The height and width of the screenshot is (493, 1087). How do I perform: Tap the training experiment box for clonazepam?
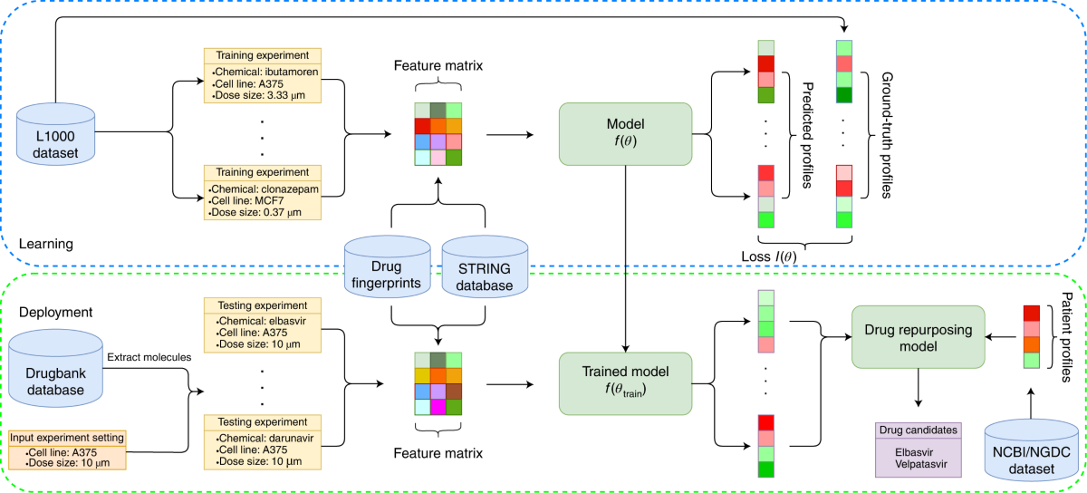(x=262, y=192)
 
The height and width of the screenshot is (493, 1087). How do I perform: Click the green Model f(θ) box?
(x=626, y=133)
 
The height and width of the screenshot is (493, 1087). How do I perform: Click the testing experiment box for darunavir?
(x=262, y=442)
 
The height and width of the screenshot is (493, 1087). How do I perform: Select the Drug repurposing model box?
(x=919, y=336)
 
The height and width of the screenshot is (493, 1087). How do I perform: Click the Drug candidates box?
(x=917, y=448)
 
